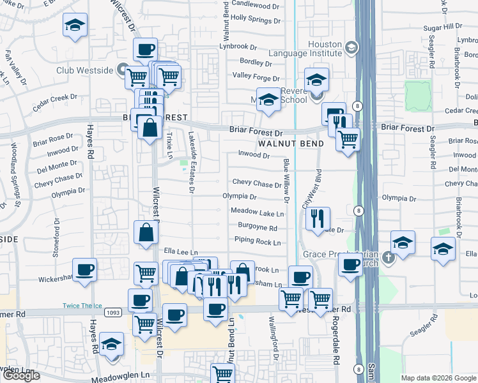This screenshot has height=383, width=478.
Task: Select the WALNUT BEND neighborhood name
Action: click(x=291, y=144)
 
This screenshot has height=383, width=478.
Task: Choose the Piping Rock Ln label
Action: click(x=258, y=243)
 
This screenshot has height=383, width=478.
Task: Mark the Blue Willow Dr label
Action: click(x=286, y=183)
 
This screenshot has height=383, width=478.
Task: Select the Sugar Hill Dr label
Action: click(x=442, y=27)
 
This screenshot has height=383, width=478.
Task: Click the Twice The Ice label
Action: click(x=80, y=306)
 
